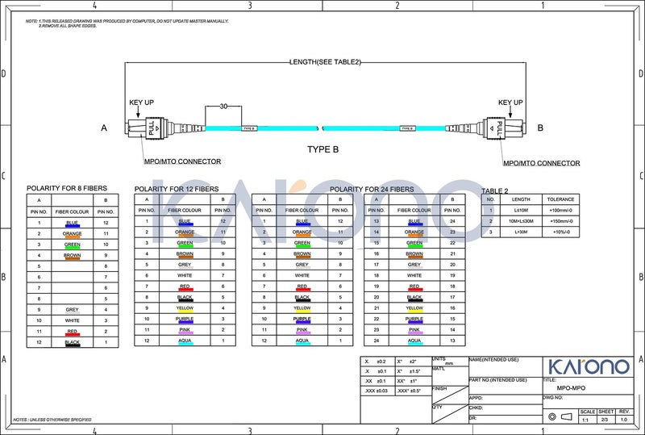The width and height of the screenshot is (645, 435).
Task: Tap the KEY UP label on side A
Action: pyautogui.click(x=142, y=102)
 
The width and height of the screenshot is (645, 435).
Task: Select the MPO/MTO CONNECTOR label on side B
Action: pyautogui.click(x=541, y=163)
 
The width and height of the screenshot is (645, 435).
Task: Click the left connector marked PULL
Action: pyautogui.click(x=151, y=128)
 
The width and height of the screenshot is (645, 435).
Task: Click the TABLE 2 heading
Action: pyautogui.click(x=495, y=190)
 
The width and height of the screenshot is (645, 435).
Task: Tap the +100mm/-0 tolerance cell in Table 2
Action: pyautogui.click(x=560, y=210)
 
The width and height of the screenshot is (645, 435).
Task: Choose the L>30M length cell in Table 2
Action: pyautogui.click(x=521, y=232)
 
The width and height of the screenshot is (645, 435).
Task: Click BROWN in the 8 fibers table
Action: pyautogui.click(x=73, y=255)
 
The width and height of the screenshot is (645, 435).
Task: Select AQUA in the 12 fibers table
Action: pyautogui.click(x=185, y=341)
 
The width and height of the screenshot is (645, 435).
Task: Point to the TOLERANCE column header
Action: pyautogui.click(x=560, y=199)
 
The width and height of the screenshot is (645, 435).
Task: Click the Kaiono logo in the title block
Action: pyautogui.click(x=589, y=366)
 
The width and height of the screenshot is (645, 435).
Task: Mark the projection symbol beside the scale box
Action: pyautogui.click(x=559, y=416)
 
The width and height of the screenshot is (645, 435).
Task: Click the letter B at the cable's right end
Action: pyautogui.click(x=540, y=128)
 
